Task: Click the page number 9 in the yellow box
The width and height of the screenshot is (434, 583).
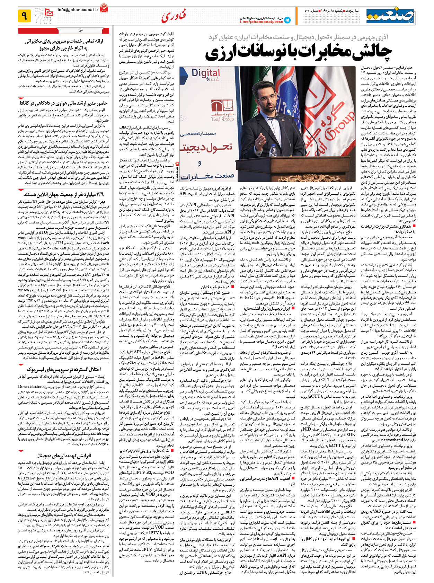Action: [x=24, y=16]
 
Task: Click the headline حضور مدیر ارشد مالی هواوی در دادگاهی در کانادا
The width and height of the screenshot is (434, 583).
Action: [x=64, y=103]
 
